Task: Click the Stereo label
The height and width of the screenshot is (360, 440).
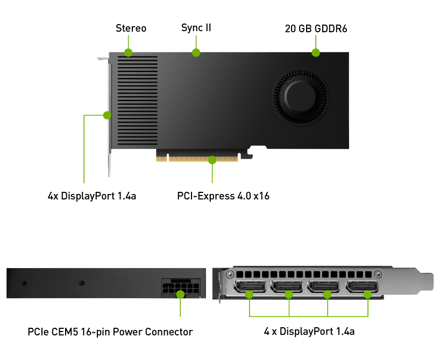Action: (x=131, y=28)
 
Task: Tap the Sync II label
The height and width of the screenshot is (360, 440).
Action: (x=196, y=28)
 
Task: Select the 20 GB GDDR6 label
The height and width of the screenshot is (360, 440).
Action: (x=316, y=28)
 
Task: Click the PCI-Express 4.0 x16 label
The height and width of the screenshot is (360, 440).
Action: (x=223, y=196)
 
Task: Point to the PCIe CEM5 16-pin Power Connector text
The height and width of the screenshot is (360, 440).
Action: (x=110, y=332)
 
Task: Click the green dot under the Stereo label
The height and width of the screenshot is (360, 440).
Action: (x=128, y=53)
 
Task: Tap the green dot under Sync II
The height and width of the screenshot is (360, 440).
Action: (x=196, y=53)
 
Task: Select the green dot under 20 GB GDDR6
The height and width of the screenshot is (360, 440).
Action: (x=316, y=53)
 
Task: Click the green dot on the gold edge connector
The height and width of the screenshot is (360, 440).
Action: (x=212, y=160)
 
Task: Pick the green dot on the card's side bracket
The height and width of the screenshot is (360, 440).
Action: (x=107, y=115)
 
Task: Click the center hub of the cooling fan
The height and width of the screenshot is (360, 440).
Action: (x=301, y=96)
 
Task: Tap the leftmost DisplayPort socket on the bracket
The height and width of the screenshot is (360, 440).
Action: (x=250, y=286)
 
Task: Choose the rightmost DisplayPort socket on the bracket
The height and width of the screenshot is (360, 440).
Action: (x=362, y=286)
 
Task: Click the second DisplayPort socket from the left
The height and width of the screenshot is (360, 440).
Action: (x=287, y=286)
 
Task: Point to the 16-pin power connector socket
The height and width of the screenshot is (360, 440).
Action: (x=181, y=288)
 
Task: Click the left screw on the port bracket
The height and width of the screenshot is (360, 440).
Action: (x=230, y=274)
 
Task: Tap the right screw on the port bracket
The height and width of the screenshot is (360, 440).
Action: (x=378, y=274)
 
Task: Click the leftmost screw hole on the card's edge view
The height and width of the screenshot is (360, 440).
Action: (x=24, y=283)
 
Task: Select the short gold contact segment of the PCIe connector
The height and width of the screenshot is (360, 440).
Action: (x=161, y=159)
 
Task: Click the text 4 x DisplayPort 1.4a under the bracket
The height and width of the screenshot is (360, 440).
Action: (x=309, y=332)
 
